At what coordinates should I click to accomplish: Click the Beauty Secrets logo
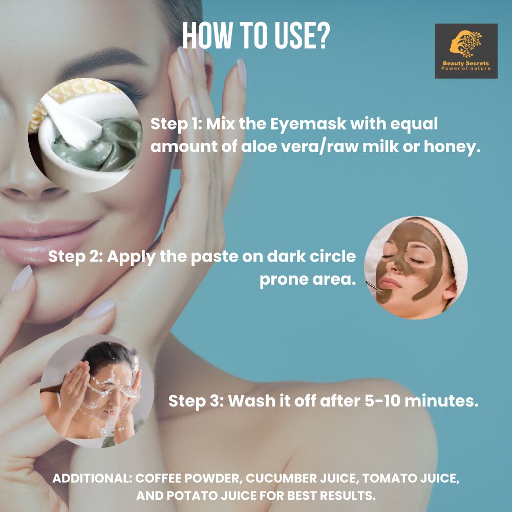(x=466, y=51)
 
